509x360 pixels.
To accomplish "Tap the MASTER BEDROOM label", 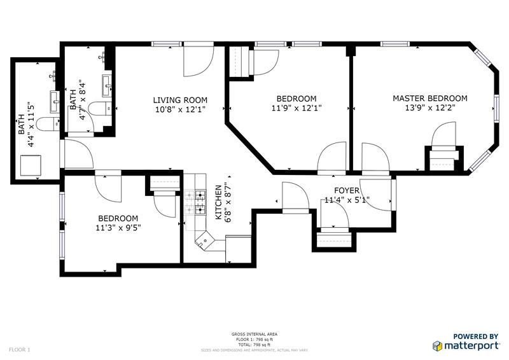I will [x=429, y=98].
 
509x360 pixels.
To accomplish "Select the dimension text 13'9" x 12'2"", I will [x=429, y=108].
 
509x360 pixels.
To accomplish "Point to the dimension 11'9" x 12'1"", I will [x=296, y=108].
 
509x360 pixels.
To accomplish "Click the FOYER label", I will [x=347, y=190].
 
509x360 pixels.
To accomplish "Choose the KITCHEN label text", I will [x=218, y=203].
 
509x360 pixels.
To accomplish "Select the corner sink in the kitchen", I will [x=205, y=241].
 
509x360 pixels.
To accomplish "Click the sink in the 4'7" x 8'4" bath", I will [x=106, y=83].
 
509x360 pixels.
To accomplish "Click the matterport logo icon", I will [x=438, y=345].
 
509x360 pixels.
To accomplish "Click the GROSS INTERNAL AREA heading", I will [x=254, y=334].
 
